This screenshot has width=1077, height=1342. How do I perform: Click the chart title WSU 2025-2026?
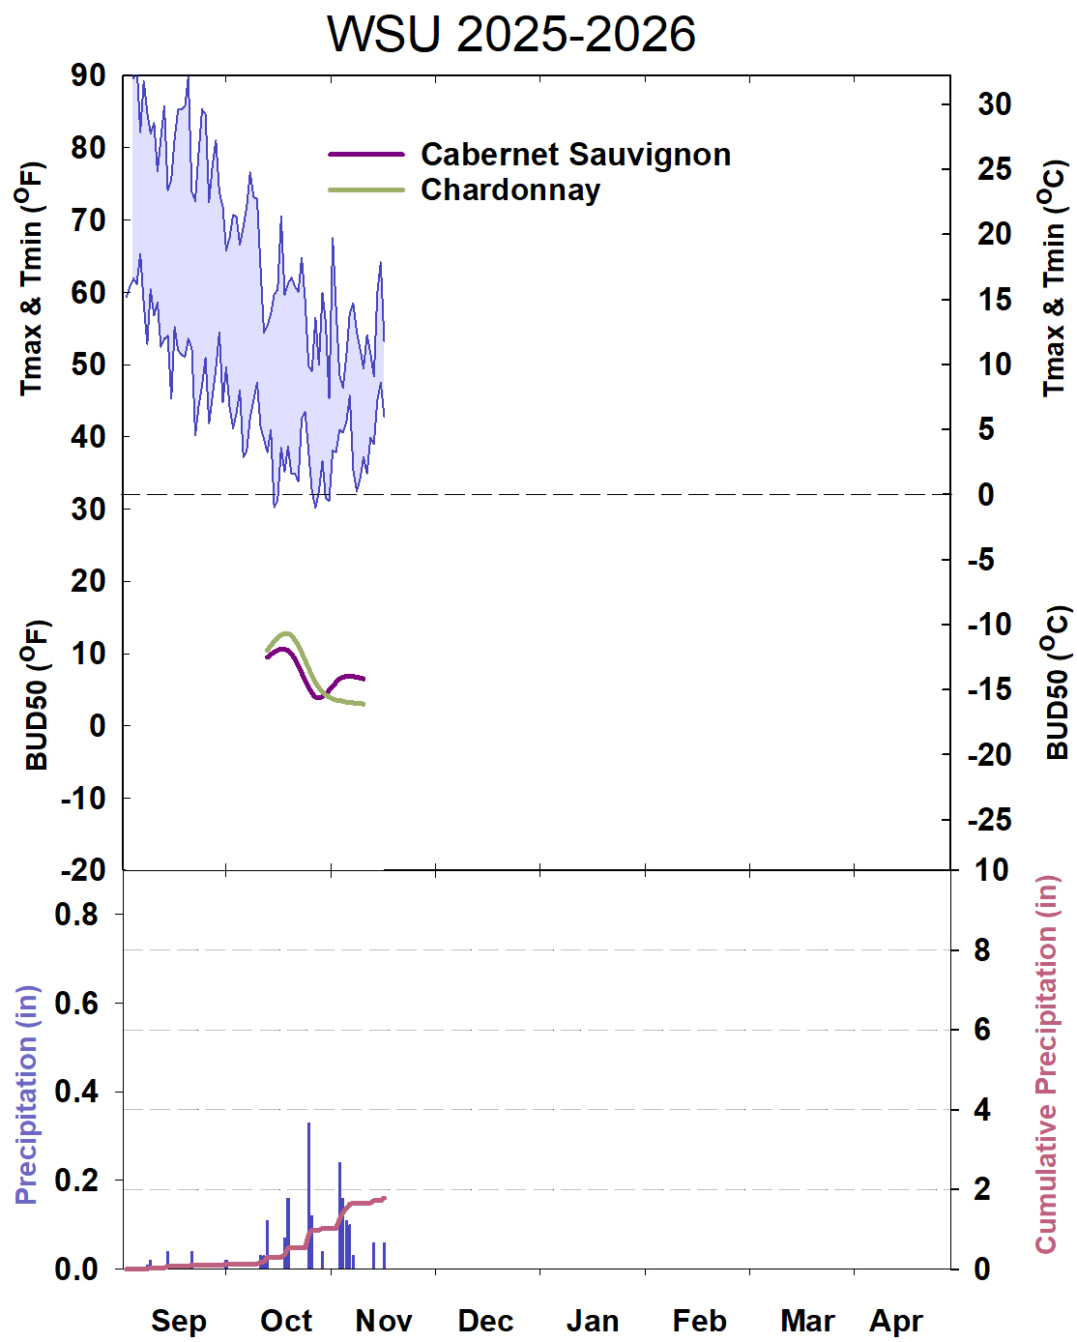[x=511, y=35]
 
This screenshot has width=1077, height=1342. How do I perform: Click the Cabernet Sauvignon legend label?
[x=575, y=155]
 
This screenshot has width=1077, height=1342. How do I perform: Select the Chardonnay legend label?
[x=510, y=190]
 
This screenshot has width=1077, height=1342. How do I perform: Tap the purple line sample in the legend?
[x=366, y=155]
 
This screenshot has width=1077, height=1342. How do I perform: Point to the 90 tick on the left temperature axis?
[x=88, y=75]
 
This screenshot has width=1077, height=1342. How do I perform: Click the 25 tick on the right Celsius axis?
[x=994, y=169]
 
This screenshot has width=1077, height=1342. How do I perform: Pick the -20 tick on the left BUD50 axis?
[x=83, y=869]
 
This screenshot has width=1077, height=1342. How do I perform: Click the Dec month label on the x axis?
[x=485, y=1321]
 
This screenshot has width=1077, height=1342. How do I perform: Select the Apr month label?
[x=896, y=1321]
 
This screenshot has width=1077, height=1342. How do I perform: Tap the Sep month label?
[x=179, y=1321]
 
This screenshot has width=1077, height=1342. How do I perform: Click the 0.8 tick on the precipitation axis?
[x=76, y=915]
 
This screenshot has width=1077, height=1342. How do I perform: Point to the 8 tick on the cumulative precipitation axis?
[x=982, y=950]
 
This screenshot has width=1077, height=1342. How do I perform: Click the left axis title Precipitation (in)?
[x=27, y=1094]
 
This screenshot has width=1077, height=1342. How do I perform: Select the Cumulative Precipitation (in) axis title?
[x=1047, y=1064]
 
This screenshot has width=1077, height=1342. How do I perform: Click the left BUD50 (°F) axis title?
[x=36, y=695]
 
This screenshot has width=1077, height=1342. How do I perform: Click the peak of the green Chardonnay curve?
[x=286, y=633]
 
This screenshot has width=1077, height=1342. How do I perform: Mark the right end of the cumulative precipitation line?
[x=385, y=1198]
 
